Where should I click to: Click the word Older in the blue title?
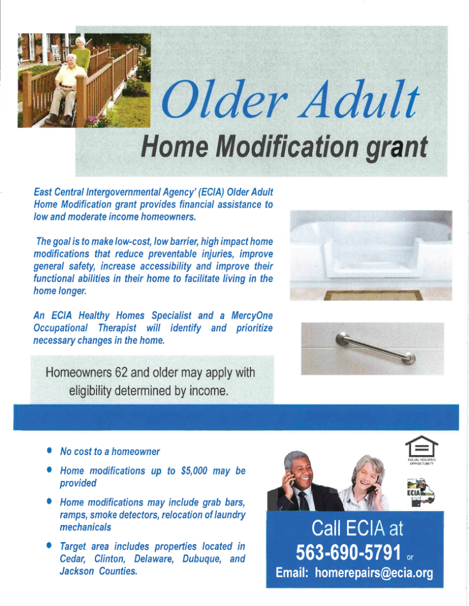[x=225, y=99]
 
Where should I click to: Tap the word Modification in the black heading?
[x=287, y=146]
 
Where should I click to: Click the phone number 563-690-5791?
[x=348, y=552]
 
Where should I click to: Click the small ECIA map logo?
[x=421, y=493]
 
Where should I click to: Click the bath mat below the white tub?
[x=372, y=295]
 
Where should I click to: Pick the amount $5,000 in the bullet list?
[x=194, y=471]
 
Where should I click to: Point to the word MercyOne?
[x=252, y=315]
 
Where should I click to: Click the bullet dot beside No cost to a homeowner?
[x=49, y=450]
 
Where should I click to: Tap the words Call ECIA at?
[x=357, y=529]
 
